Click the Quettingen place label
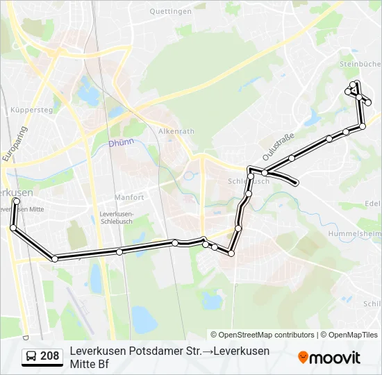(x=170, y=12)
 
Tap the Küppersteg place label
(x=32, y=110)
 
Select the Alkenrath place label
(x=176, y=131)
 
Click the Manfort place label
(x=129, y=197)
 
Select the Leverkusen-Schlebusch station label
(x=121, y=217)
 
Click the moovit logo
(x=329, y=358)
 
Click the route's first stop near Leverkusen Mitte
(x=17, y=201)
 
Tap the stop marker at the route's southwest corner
(x=54, y=258)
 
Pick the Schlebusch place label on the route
(x=249, y=181)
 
